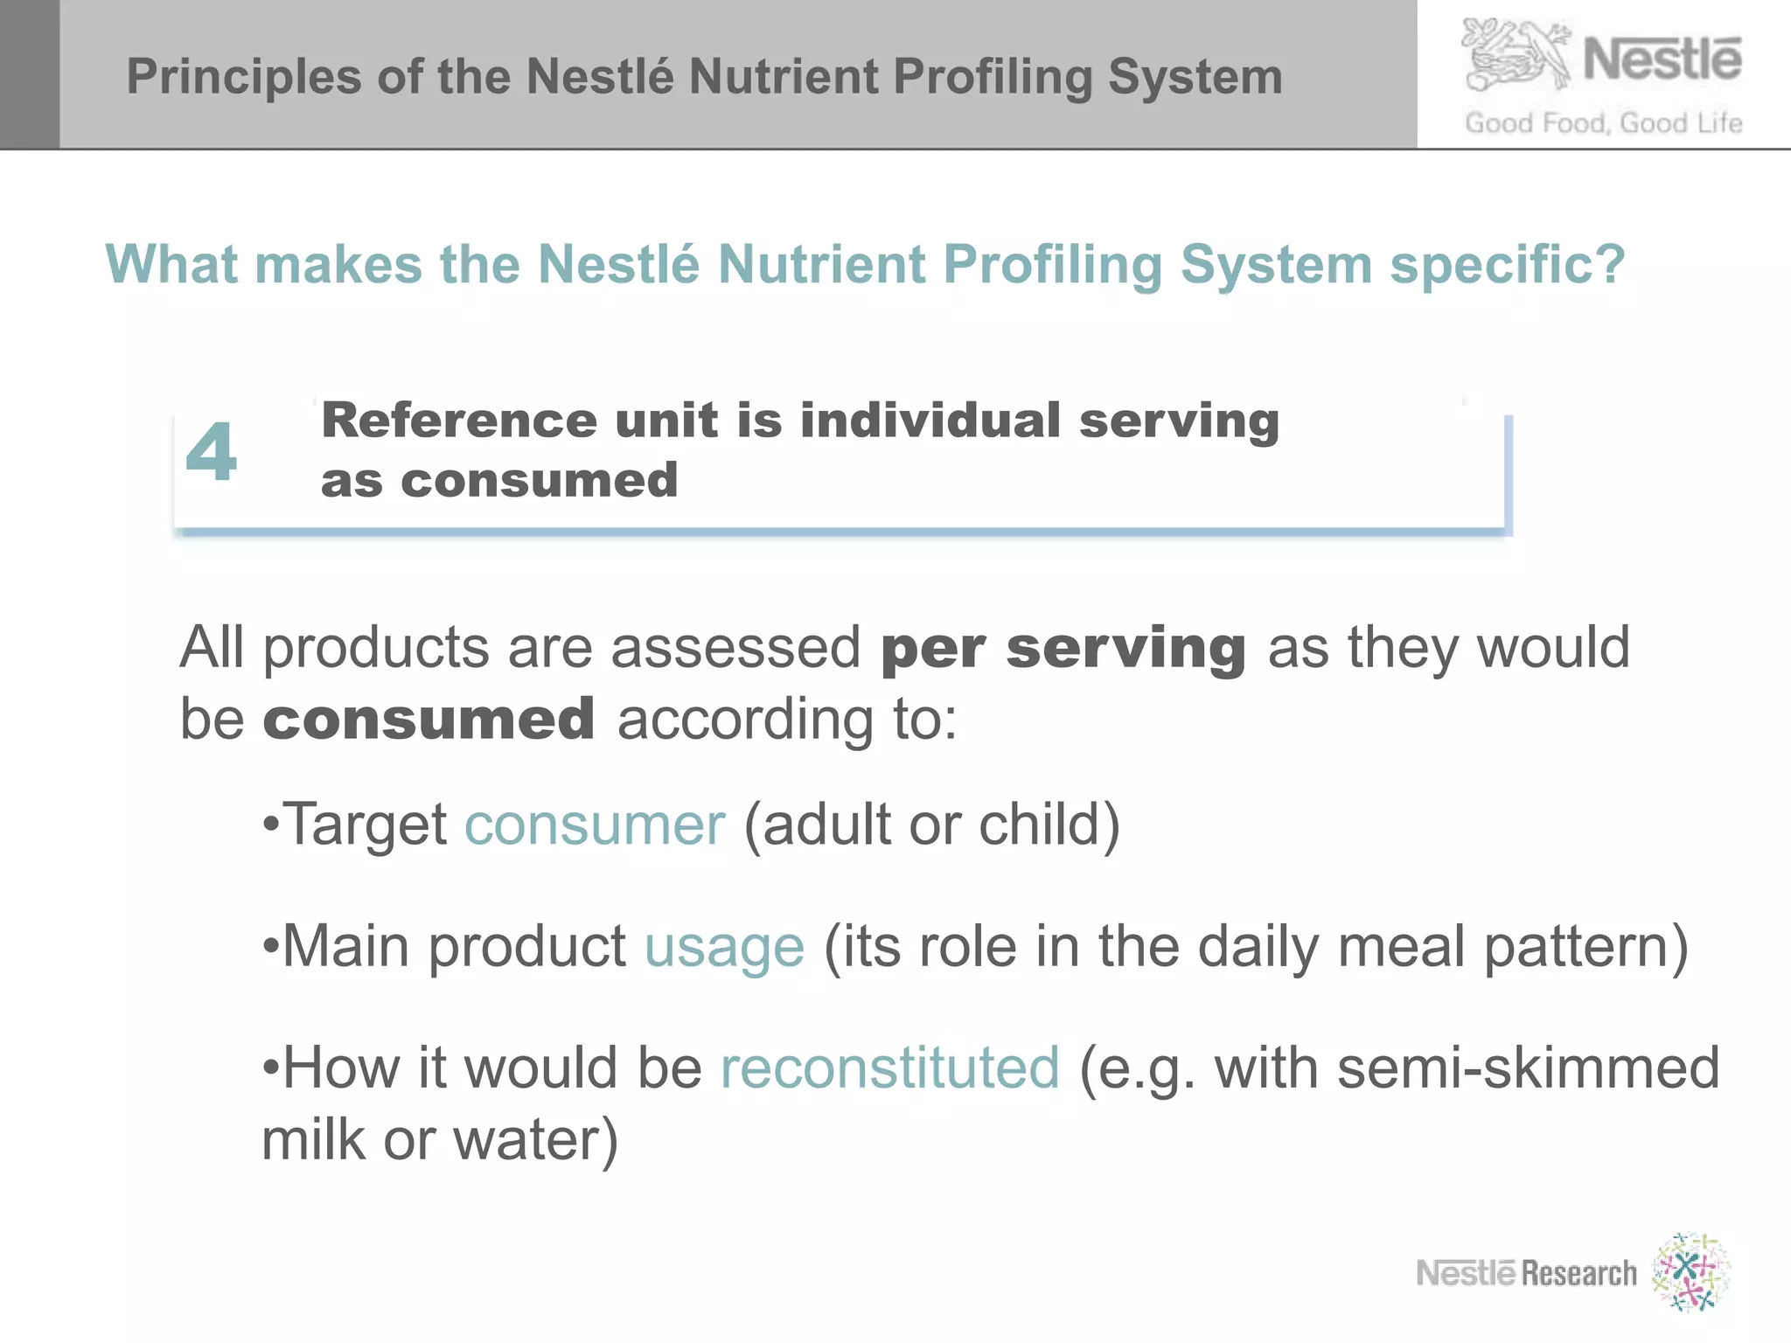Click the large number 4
pyautogui.click(x=211, y=452)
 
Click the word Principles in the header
pyautogui.click(x=243, y=77)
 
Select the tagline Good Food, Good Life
pyautogui.click(x=1603, y=123)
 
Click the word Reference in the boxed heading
pyautogui.click(x=458, y=421)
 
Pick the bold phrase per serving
pyautogui.click(x=1063, y=648)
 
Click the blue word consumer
pyautogui.click(x=595, y=825)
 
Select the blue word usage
pyautogui.click(x=724, y=946)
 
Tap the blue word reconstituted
pyautogui.click(x=889, y=1068)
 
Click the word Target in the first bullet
pyautogui.click(x=365, y=825)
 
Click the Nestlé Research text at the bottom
pyautogui.click(x=1526, y=1273)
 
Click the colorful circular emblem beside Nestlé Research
pyautogui.click(x=1690, y=1272)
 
